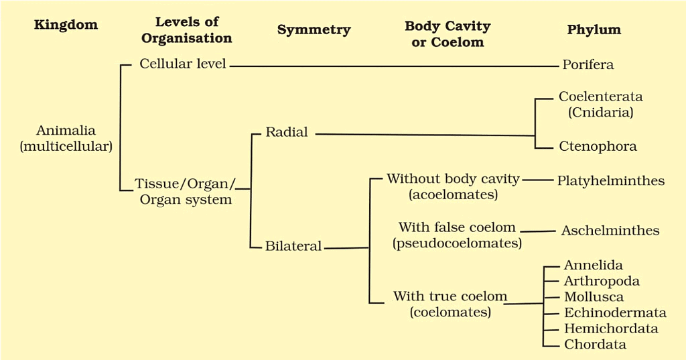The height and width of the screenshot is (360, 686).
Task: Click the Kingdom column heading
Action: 66,25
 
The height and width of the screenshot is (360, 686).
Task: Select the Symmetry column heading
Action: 314,30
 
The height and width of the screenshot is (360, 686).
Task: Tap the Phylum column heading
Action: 594,29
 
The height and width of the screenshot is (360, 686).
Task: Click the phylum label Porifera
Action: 588,65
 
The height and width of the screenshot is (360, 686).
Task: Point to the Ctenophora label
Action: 598,146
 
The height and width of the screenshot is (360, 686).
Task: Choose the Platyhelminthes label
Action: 611,181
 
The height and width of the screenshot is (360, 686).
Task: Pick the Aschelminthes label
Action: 610,231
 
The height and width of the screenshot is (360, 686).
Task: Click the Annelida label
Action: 594,265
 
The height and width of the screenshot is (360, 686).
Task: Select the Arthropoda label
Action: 602,281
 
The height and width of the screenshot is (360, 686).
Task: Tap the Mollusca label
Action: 594,297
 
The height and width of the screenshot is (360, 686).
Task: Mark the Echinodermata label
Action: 615,312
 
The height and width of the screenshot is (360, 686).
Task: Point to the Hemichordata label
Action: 611,328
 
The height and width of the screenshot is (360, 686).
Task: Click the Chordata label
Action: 595,344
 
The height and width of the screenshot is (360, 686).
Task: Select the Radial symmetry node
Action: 287,132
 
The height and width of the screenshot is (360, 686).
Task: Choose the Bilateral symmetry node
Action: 293,246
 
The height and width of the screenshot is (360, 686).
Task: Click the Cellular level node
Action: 182,64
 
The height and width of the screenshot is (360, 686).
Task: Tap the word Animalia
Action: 66,131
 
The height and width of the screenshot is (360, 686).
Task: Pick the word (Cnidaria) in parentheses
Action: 601,113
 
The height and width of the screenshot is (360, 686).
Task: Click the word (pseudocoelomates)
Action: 457,243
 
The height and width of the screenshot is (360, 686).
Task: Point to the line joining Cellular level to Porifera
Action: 395,66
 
